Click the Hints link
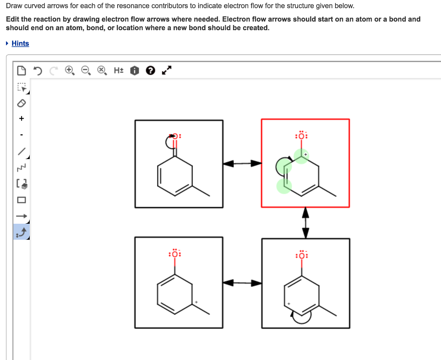coord(20,44)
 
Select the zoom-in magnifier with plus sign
coord(69,70)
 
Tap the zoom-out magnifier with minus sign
coord(85,70)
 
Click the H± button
coord(118,70)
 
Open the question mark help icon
coord(150,70)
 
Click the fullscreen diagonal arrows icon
coord(167,70)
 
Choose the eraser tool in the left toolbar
coord(22,103)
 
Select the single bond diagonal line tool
coord(22,151)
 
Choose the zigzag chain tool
coord(22,167)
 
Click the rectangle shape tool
coord(22,200)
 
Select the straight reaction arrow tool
coord(22,216)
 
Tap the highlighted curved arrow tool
coord(22,232)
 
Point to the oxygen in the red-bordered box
coord(301,136)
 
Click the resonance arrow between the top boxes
coord(242,163)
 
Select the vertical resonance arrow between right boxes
coord(305,222)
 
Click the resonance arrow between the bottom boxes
coord(242,283)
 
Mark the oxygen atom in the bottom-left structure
coord(175,254)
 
